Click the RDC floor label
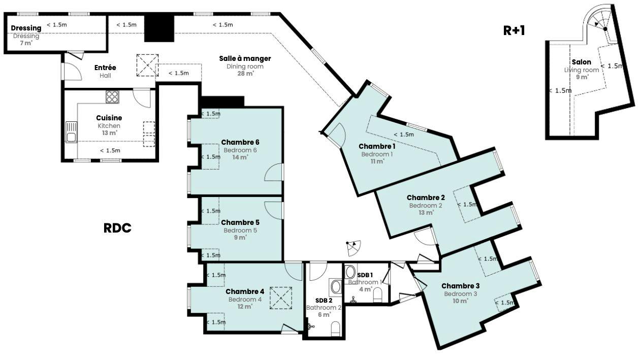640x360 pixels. point(117,228)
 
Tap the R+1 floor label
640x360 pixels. point(514,30)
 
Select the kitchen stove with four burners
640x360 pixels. point(112,96)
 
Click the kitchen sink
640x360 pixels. point(72,132)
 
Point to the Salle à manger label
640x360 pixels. point(245,58)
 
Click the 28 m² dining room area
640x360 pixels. point(246,74)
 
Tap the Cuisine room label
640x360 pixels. point(109,118)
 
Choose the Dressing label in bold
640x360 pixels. point(26,28)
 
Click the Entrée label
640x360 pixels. point(105,68)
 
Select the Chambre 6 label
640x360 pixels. point(240,142)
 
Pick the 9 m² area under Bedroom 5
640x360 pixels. point(240,238)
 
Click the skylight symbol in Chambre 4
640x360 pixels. point(281,298)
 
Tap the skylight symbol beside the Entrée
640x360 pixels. point(147,65)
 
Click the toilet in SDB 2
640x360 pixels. point(335,329)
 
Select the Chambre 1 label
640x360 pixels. point(377,147)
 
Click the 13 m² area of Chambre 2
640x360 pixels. point(426,213)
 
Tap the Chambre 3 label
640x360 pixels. point(460,286)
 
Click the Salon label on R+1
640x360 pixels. point(582,62)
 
